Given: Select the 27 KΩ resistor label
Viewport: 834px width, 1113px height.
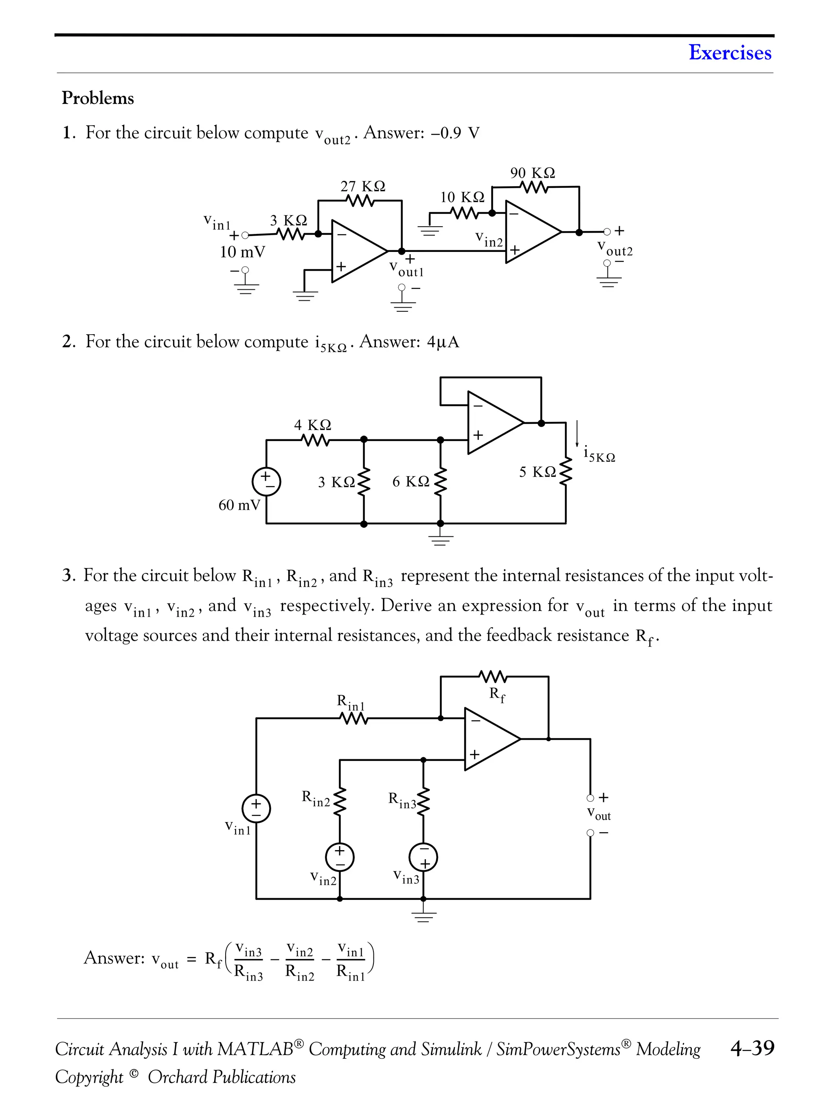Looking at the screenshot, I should click(x=362, y=186).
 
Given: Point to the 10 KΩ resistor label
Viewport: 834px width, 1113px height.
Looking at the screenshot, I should click(x=462, y=197).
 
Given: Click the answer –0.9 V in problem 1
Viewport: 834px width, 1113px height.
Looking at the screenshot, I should click(x=454, y=133).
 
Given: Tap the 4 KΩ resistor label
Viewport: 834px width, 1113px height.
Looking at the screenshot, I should click(x=312, y=425).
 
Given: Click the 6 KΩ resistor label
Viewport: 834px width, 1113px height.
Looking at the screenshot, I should click(x=411, y=482).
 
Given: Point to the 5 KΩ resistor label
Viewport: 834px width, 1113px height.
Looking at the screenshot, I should click(x=538, y=472).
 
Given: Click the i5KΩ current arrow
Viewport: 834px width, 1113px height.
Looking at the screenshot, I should click(x=577, y=434).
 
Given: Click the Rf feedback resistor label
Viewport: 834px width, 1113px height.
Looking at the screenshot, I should click(x=497, y=694).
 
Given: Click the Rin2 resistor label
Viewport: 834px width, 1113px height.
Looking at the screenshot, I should click(x=316, y=798).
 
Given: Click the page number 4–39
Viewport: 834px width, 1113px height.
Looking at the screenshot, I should click(x=752, y=1048).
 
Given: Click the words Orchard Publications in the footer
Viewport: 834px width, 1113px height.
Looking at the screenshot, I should click(x=221, y=1077).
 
